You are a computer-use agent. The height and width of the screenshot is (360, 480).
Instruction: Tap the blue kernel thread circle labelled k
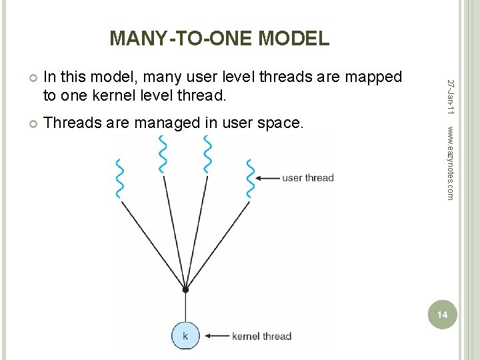pyautogui.click(x=185, y=335)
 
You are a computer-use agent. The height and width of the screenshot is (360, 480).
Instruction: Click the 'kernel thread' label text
pyautogui.click(x=261, y=336)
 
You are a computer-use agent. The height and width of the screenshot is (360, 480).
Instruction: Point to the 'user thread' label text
pyautogui.click(x=308, y=177)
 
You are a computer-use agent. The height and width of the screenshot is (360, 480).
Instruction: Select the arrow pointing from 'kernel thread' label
pyautogui.click(x=216, y=335)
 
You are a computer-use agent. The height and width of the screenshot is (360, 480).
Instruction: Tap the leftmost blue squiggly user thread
pyautogui.click(x=120, y=179)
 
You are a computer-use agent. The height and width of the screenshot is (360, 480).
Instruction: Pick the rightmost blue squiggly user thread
pyautogui.click(x=251, y=179)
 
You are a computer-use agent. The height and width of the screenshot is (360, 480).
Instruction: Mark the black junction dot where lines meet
pyautogui.click(x=185, y=289)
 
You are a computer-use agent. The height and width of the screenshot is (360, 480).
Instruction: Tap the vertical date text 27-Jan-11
pyautogui.click(x=451, y=96)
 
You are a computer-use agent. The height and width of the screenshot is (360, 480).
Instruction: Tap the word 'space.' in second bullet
pyautogui.click(x=283, y=123)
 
